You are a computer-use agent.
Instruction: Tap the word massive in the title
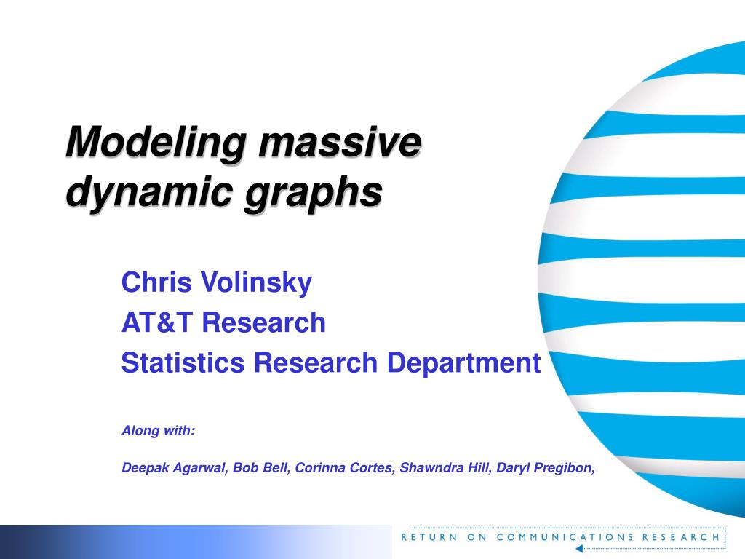(x=338, y=142)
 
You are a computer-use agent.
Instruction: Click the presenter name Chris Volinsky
(x=216, y=282)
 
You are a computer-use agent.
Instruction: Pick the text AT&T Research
(x=223, y=322)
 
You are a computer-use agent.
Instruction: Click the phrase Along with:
(x=158, y=431)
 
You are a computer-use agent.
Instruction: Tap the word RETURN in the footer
(x=429, y=537)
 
